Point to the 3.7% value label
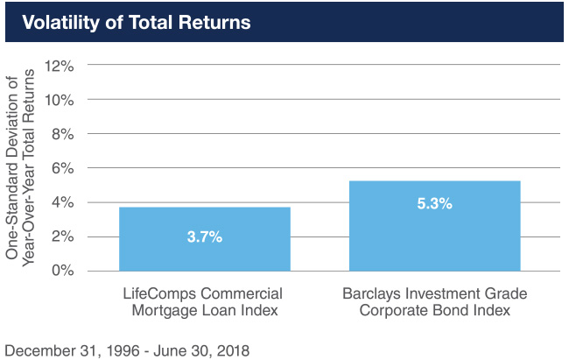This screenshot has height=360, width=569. [x=204, y=237]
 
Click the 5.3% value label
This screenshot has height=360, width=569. [x=434, y=203]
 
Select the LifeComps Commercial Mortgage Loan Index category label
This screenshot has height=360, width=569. [x=204, y=300]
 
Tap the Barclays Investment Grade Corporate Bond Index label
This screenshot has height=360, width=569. [x=435, y=300]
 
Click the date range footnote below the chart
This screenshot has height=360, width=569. [x=127, y=350]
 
